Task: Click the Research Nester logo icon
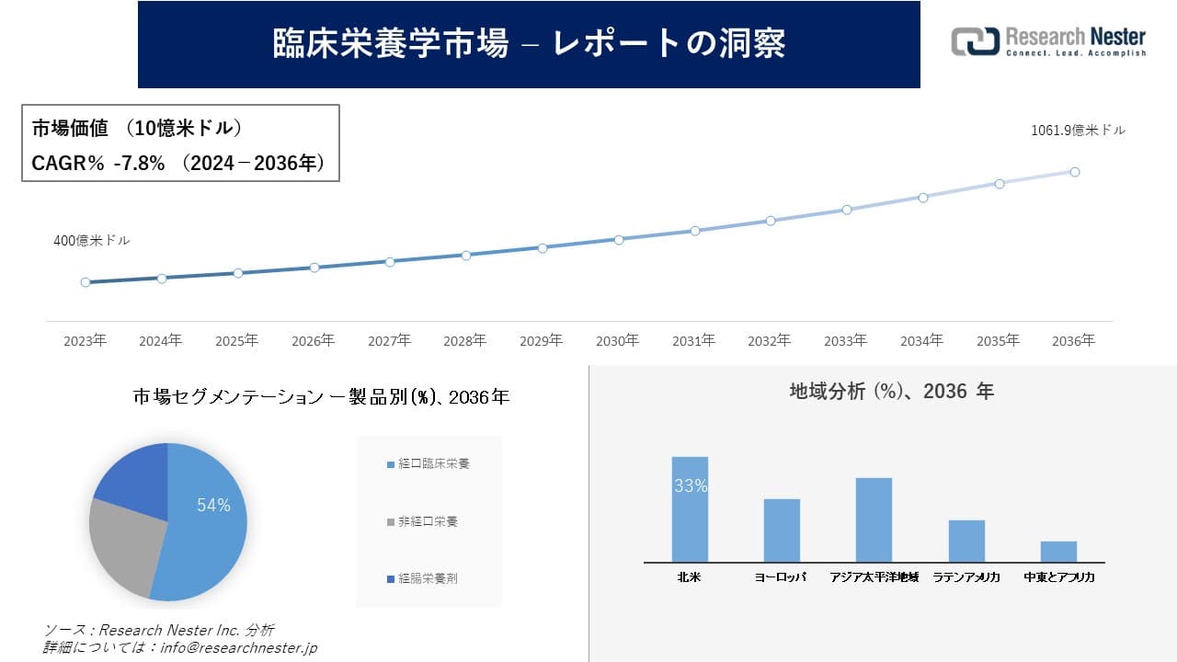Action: [x=974, y=41]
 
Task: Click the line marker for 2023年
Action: [x=86, y=282]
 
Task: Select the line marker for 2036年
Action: [x=1074, y=172]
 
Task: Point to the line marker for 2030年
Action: [x=619, y=239]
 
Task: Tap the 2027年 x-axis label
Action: [x=389, y=341]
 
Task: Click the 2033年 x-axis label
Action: [x=845, y=341]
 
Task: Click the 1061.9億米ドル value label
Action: [x=1078, y=131]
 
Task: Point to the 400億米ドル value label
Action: [x=92, y=241]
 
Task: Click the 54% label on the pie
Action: [x=213, y=506]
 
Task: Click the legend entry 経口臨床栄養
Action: [x=433, y=464]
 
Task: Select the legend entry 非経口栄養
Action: [x=427, y=521]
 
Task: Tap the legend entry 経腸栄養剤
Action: [x=427, y=579]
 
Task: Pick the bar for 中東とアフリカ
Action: [x=1058, y=552]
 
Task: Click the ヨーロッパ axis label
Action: [x=781, y=577]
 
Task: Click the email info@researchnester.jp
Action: [x=238, y=647]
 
